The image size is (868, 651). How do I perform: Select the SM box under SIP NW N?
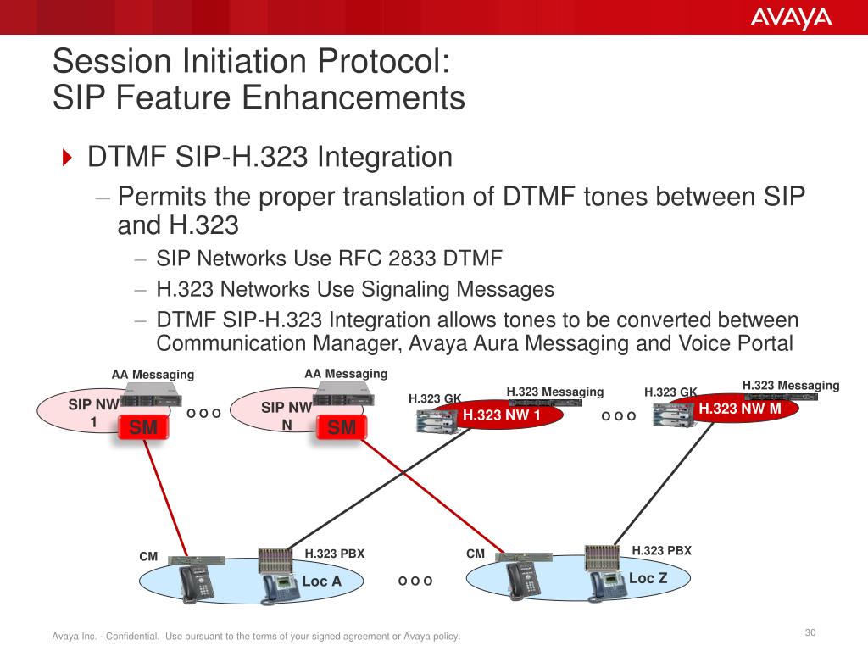pos(342,429)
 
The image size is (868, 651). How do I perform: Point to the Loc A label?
pos(321,581)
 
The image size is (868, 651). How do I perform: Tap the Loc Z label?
pos(648,578)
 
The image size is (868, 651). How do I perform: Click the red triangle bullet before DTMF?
pos(68,158)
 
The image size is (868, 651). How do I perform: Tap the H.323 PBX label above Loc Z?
pos(661,550)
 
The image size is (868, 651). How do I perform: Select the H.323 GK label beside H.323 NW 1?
pos(435,398)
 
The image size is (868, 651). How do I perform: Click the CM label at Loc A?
pos(148,557)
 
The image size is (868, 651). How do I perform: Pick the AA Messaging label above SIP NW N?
pos(345,373)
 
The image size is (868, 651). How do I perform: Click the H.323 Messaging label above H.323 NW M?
pos(790,385)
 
